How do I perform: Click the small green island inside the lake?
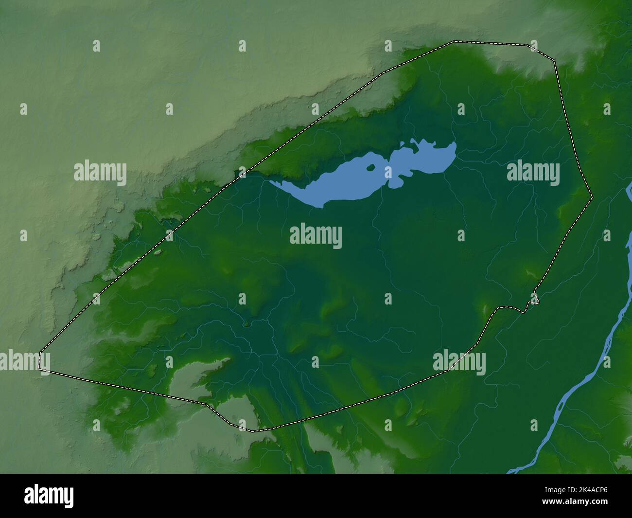pos(372,168)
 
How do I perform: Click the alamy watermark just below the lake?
pos(316,236)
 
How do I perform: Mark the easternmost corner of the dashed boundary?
pos(592,197)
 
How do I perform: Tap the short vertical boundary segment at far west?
pos(40,360)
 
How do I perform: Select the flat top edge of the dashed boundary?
pos(491,43)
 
